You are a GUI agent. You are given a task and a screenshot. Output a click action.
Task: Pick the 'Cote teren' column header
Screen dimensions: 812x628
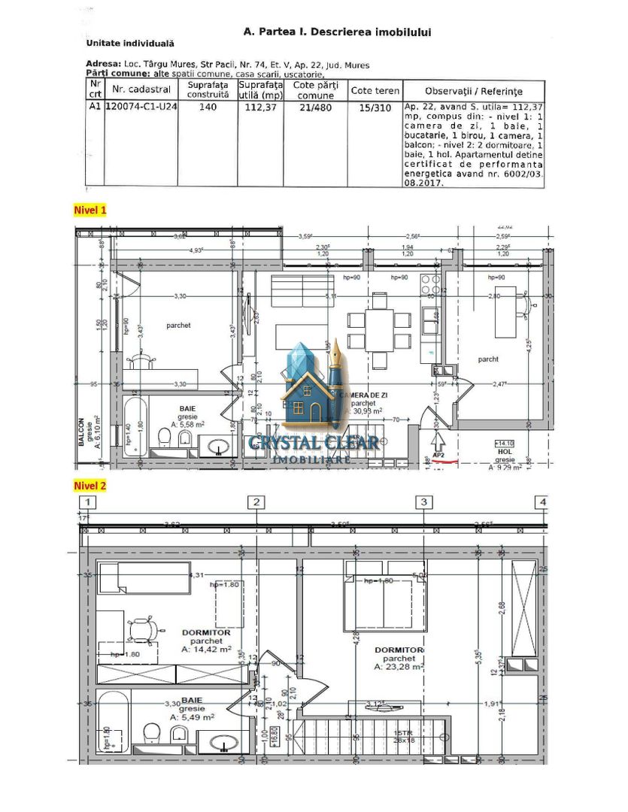pos(375,91)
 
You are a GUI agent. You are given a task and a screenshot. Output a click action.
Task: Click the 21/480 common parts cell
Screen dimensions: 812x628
pos(315,108)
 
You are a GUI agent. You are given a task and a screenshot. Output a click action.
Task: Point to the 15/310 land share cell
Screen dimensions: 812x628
pos(375,108)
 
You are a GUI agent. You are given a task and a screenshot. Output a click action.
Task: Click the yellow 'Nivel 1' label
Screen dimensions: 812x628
pos(89,210)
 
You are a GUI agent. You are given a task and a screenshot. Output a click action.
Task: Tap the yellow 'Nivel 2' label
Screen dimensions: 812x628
pos(89,486)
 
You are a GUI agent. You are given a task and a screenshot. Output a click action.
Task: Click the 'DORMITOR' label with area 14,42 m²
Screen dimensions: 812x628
pos(206,633)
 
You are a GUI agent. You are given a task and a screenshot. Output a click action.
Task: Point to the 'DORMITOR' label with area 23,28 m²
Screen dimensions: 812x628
pos(399,650)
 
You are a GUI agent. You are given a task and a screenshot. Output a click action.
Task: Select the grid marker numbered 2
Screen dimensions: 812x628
pos(256,502)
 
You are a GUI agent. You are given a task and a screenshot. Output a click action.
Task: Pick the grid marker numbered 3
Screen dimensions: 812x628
pos(424,502)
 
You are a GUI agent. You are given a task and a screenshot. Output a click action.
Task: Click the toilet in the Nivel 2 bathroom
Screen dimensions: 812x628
pos(152,734)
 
